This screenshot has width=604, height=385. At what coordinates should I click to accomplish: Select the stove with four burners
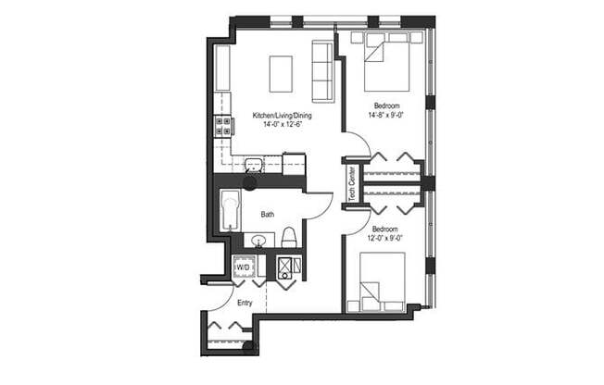coord(223,126)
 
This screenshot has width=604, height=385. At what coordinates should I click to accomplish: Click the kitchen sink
coord(254,165)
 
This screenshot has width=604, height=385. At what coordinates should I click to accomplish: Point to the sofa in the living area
coord(322,71)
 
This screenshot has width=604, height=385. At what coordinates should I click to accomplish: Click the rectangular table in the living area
coord(281,74)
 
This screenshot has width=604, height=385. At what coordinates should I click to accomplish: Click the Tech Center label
coord(352,182)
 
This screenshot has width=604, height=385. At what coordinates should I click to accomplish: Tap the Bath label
coord(267,215)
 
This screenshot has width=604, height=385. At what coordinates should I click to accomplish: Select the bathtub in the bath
coord(230,211)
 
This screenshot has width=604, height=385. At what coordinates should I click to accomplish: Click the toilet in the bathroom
coord(288,238)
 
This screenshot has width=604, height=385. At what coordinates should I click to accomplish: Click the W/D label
coord(244,267)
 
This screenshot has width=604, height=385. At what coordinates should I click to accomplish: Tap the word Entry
coord(245,303)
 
